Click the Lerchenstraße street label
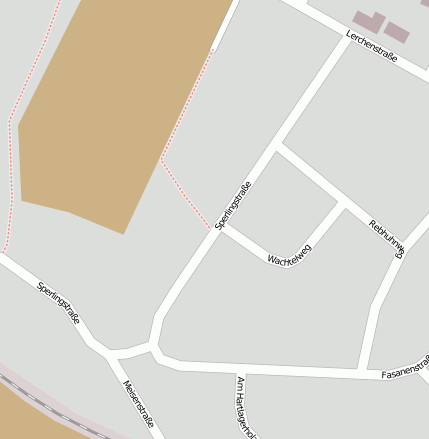(372, 47)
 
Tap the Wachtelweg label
(289, 254)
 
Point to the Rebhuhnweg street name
(386, 239)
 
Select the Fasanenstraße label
(405, 368)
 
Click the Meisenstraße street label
(138, 404)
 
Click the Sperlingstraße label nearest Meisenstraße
(58, 302)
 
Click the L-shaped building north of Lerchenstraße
(367, 20)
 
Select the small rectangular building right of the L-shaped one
(397, 31)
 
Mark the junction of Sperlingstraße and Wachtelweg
(219, 231)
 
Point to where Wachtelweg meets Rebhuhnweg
(343, 204)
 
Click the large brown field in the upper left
(110, 110)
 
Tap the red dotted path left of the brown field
(12, 150)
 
